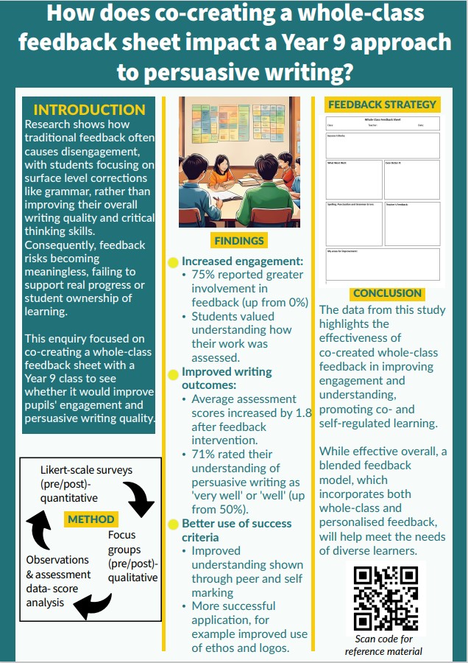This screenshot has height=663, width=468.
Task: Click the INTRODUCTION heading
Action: [x=90, y=110]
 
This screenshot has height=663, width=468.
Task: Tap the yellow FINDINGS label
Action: [x=239, y=240]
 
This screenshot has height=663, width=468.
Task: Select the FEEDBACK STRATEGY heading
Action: [x=382, y=105]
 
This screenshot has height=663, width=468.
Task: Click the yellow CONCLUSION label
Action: [x=387, y=293]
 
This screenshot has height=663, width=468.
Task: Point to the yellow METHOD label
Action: [x=91, y=519]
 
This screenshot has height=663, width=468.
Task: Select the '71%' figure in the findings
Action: [x=205, y=455]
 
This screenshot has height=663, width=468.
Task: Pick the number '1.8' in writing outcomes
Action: [x=302, y=413]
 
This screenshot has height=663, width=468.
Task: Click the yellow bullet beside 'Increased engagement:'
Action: [x=173, y=262]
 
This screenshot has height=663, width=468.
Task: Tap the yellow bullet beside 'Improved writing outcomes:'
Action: [x=173, y=374]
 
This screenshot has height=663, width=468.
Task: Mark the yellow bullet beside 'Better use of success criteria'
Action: [x=173, y=524]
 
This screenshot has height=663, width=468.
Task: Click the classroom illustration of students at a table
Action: [x=239, y=161]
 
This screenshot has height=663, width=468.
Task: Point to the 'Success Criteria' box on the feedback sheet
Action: [x=382, y=145]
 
